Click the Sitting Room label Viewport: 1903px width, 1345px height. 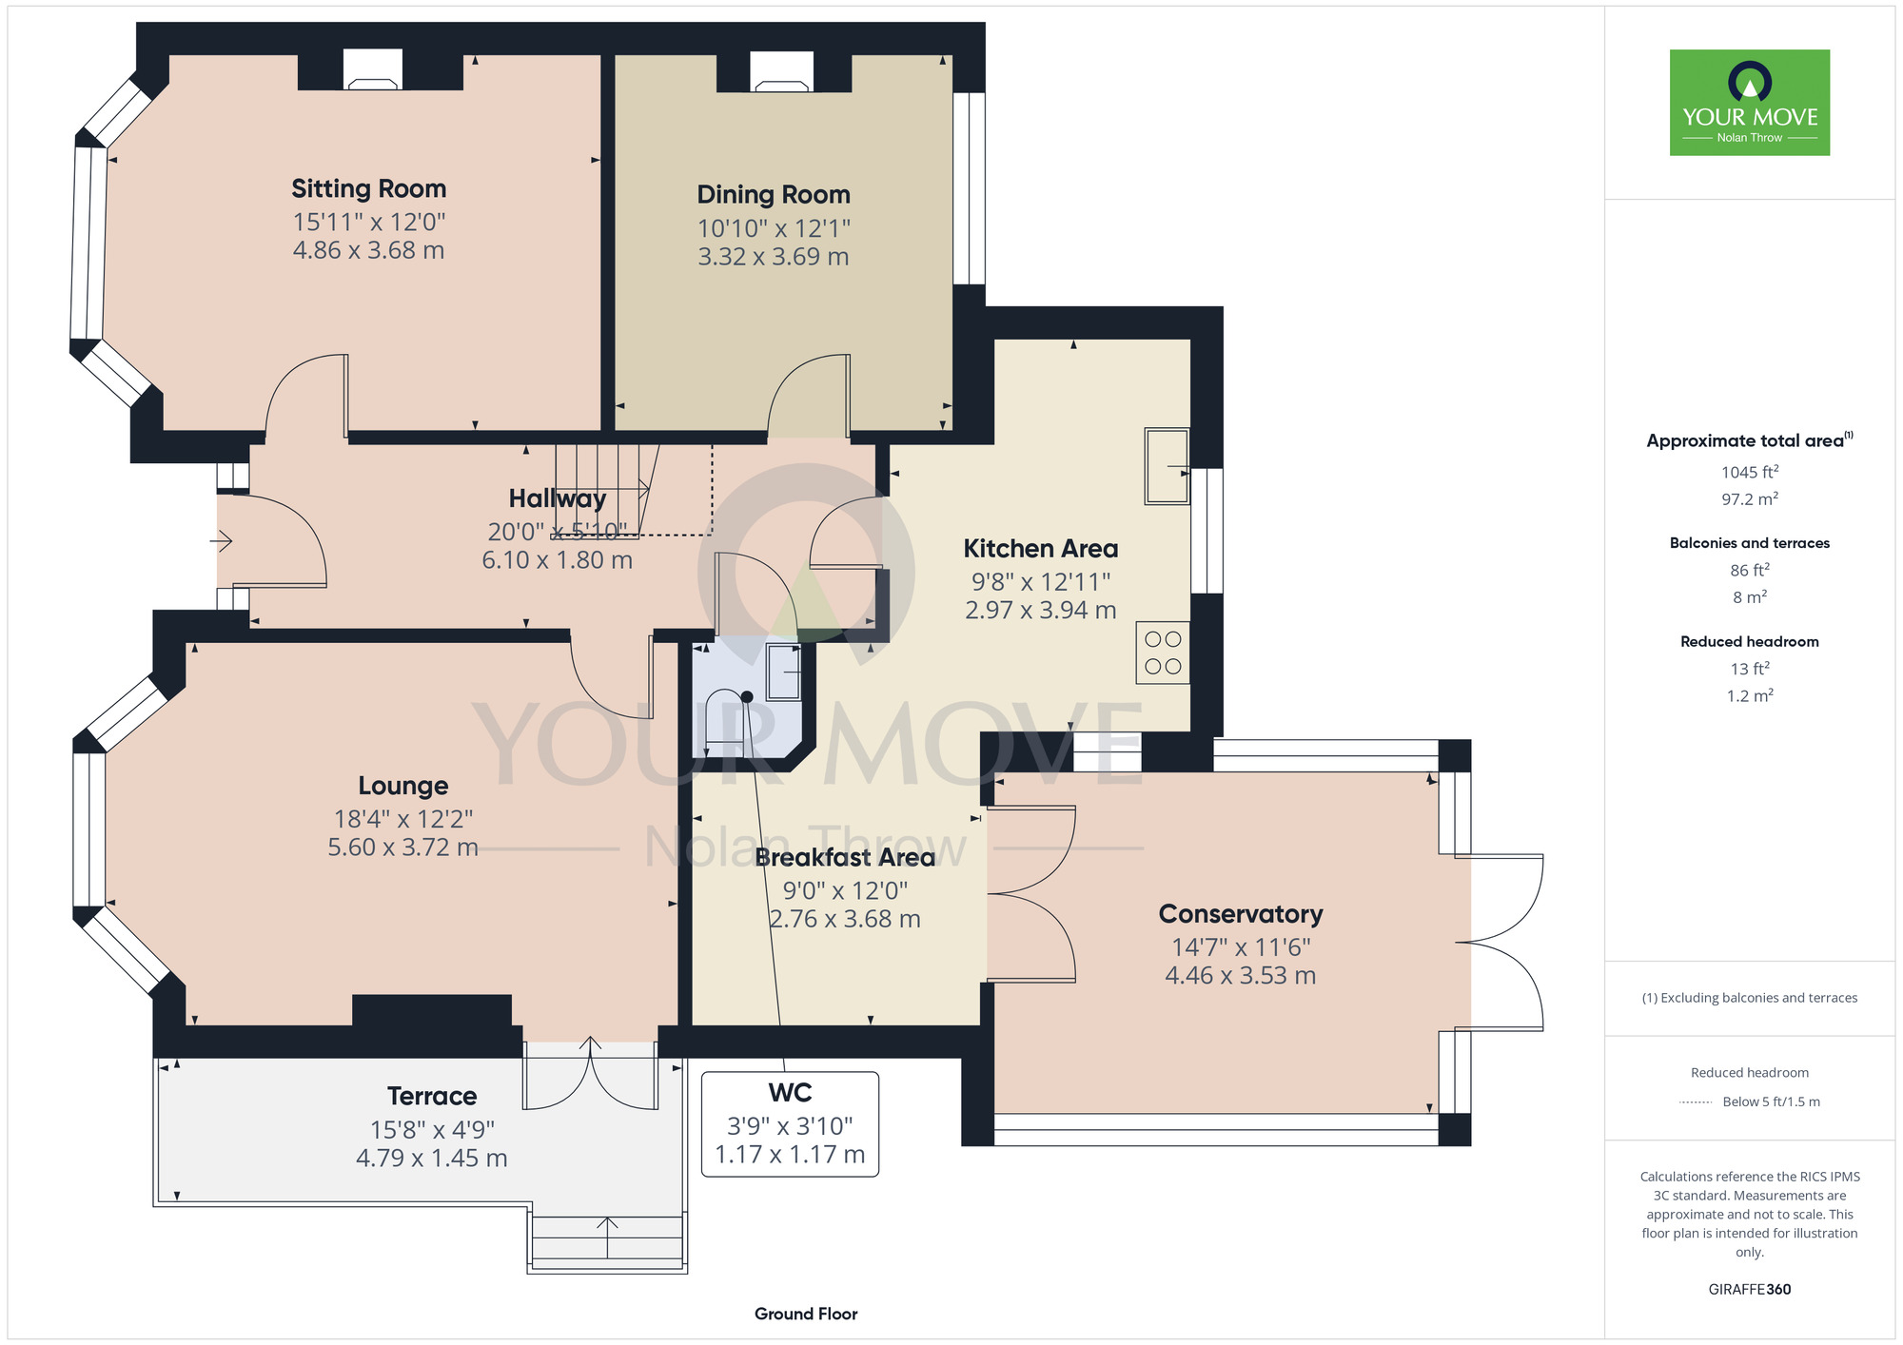(368, 189)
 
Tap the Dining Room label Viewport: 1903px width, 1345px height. (774, 195)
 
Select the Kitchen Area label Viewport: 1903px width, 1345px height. (1041, 549)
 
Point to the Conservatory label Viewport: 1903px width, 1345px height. (1241, 914)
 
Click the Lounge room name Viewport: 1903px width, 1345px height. (403, 787)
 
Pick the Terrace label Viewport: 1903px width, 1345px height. (432, 1097)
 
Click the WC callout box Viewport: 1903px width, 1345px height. (790, 1124)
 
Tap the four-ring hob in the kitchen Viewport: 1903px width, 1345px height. (1163, 653)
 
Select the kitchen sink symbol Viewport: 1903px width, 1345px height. (1167, 466)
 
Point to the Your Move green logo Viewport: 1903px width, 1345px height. (1750, 103)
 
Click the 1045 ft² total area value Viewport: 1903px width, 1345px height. (1750, 472)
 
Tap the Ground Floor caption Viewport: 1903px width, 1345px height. (806, 1314)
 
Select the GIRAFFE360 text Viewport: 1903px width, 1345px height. (1750, 1290)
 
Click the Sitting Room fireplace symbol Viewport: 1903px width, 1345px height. (372, 70)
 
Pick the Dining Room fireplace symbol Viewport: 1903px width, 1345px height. (782, 72)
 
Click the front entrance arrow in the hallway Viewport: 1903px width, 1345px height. (221, 542)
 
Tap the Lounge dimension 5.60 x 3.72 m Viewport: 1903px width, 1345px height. (403, 848)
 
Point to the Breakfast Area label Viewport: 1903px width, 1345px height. (845, 858)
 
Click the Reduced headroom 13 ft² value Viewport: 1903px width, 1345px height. (1750, 669)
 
